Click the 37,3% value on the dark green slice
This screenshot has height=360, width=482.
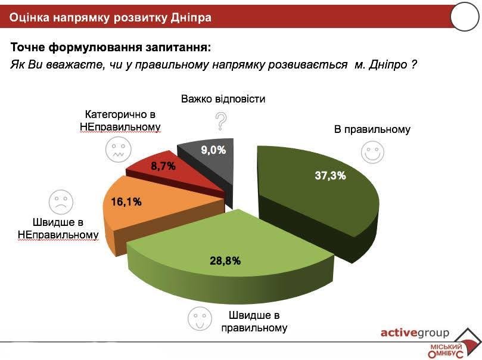pyautogui.click(x=329, y=175)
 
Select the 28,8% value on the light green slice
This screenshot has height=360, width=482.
pyautogui.click(x=225, y=260)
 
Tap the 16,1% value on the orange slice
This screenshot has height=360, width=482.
pyautogui.click(x=126, y=202)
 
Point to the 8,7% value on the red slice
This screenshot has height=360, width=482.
pyautogui.click(x=163, y=166)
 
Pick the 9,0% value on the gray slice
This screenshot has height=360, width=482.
pyautogui.click(x=213, y=150)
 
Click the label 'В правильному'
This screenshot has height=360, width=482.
pyautogui.click(x=372, y=129)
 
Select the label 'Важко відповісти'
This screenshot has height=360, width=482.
pyautogui.click(x=223, y=98)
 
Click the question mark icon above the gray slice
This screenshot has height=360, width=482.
pyautogui.click(x=222, y=121)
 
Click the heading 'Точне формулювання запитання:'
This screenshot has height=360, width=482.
pyautogui.click(x=111, y=46)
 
